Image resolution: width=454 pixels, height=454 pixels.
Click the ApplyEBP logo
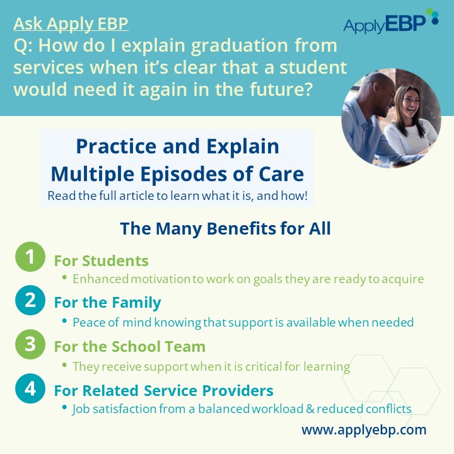point(391,21)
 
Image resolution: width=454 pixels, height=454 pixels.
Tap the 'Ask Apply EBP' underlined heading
point(71,24)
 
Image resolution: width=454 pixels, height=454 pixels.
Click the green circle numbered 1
point(30,257)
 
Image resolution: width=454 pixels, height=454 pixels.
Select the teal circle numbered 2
point(30,300)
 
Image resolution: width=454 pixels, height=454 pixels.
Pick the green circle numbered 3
point(30,344)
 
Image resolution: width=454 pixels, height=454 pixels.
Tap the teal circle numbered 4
point(30,388)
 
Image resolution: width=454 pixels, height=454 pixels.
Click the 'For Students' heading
point(102,260)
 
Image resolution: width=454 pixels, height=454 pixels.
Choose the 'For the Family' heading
point(107,303)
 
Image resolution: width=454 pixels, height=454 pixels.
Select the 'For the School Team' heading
point(130,347)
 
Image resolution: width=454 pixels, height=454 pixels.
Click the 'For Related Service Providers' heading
point(163,390)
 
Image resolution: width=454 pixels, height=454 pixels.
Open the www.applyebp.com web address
point(364,430)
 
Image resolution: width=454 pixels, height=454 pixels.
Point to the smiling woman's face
point(409,102)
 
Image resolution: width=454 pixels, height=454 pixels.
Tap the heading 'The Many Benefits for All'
point(225,228)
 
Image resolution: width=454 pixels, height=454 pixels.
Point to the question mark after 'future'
point(308,89)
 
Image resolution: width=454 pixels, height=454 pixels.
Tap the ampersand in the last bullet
point(310,409)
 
